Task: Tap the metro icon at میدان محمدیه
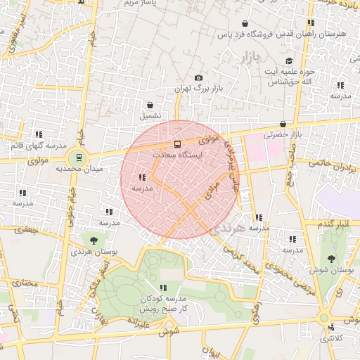pyautogui.click(x=79, y=157)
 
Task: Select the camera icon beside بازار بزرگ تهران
pyautogui.click(x=199, y=77)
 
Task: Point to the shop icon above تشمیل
pyautogui.click(x=150, y=105)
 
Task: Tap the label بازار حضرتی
pyautogui.click(x=281, y=134)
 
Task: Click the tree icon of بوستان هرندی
pyautogui.click(x=94, y=240)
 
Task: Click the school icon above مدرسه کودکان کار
pyautogui.click(x=163, y=287)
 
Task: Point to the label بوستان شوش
pyautogui.click(x=330, y=270)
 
